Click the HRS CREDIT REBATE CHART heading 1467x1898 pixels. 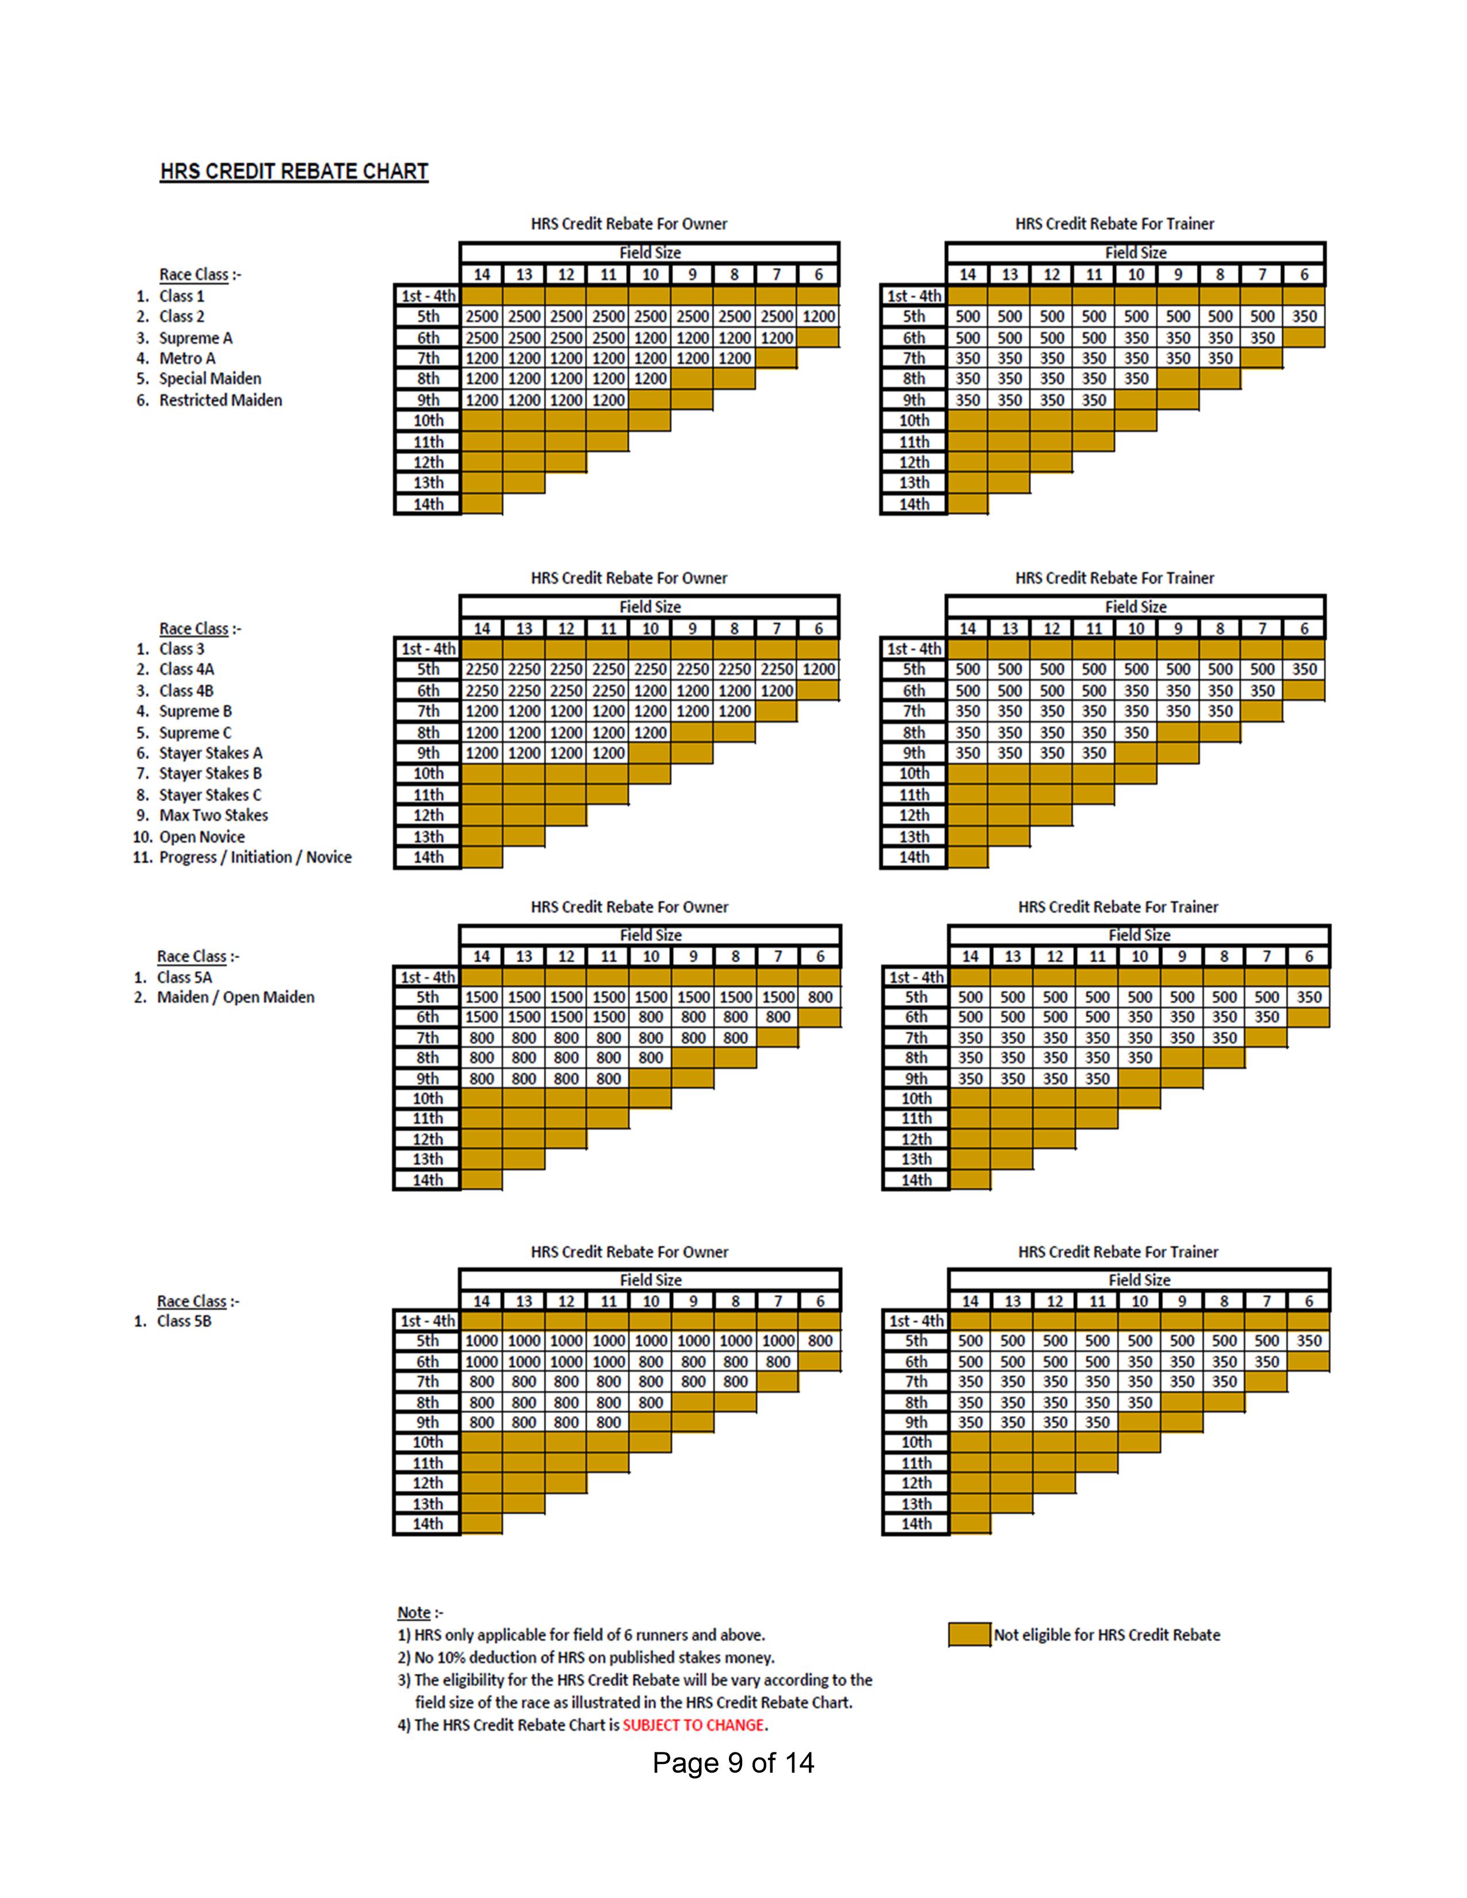point(294,171)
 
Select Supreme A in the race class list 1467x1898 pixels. point(196,338)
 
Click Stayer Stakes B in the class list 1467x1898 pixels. point(211,774)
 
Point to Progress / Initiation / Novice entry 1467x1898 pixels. point(255,858)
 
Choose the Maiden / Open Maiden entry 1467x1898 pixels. point(235,998)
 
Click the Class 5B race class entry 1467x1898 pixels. point(184,1321)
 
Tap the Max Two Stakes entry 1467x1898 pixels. point(214,815)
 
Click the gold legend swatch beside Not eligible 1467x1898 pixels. point(969,1635)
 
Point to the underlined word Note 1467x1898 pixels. point(414,1612)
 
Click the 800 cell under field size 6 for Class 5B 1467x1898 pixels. point(820,1341)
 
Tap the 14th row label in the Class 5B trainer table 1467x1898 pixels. point(916,1524)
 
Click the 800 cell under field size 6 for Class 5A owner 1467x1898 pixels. point(820,998)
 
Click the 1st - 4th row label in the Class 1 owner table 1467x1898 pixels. point(427,296)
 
